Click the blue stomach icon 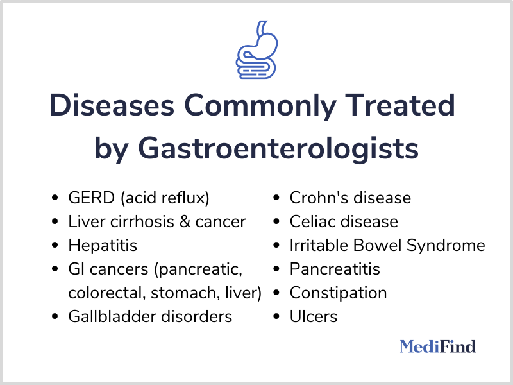click(x=257, y=50)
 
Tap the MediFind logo click(x=438, y=346)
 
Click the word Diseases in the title click(x=112, y=105)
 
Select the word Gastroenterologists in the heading click(x=278, y=148)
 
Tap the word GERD click(x=92, y=198)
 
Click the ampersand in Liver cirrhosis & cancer click(x=185, y=221)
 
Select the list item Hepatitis click(x=103, y=246)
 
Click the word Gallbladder click(x=113, y=316)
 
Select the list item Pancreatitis click(x=335, y=269)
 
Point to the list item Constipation click(x=339, y=293)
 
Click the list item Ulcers click(x=314, y=316)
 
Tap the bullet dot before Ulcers click(x=276, y=316)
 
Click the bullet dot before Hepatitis click(x=55, y=245)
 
